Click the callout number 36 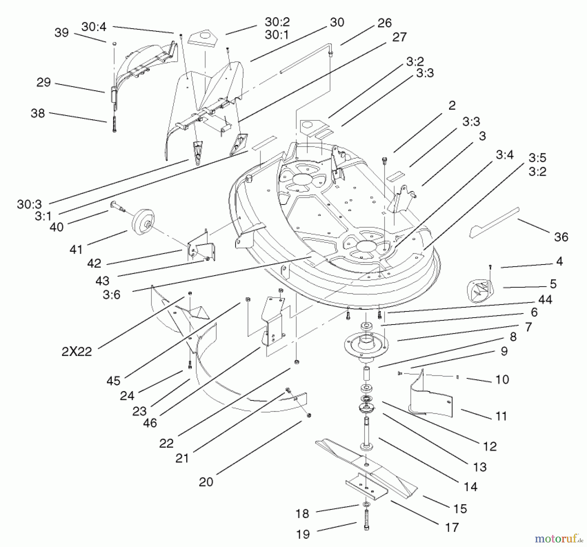561,237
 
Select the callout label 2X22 77,351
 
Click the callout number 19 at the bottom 303,534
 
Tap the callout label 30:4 94,27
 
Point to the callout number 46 150,423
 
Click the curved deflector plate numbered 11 430,400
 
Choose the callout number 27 399,37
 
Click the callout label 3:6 112,295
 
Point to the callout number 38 38,113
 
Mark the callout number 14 471,487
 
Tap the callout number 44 545,299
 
